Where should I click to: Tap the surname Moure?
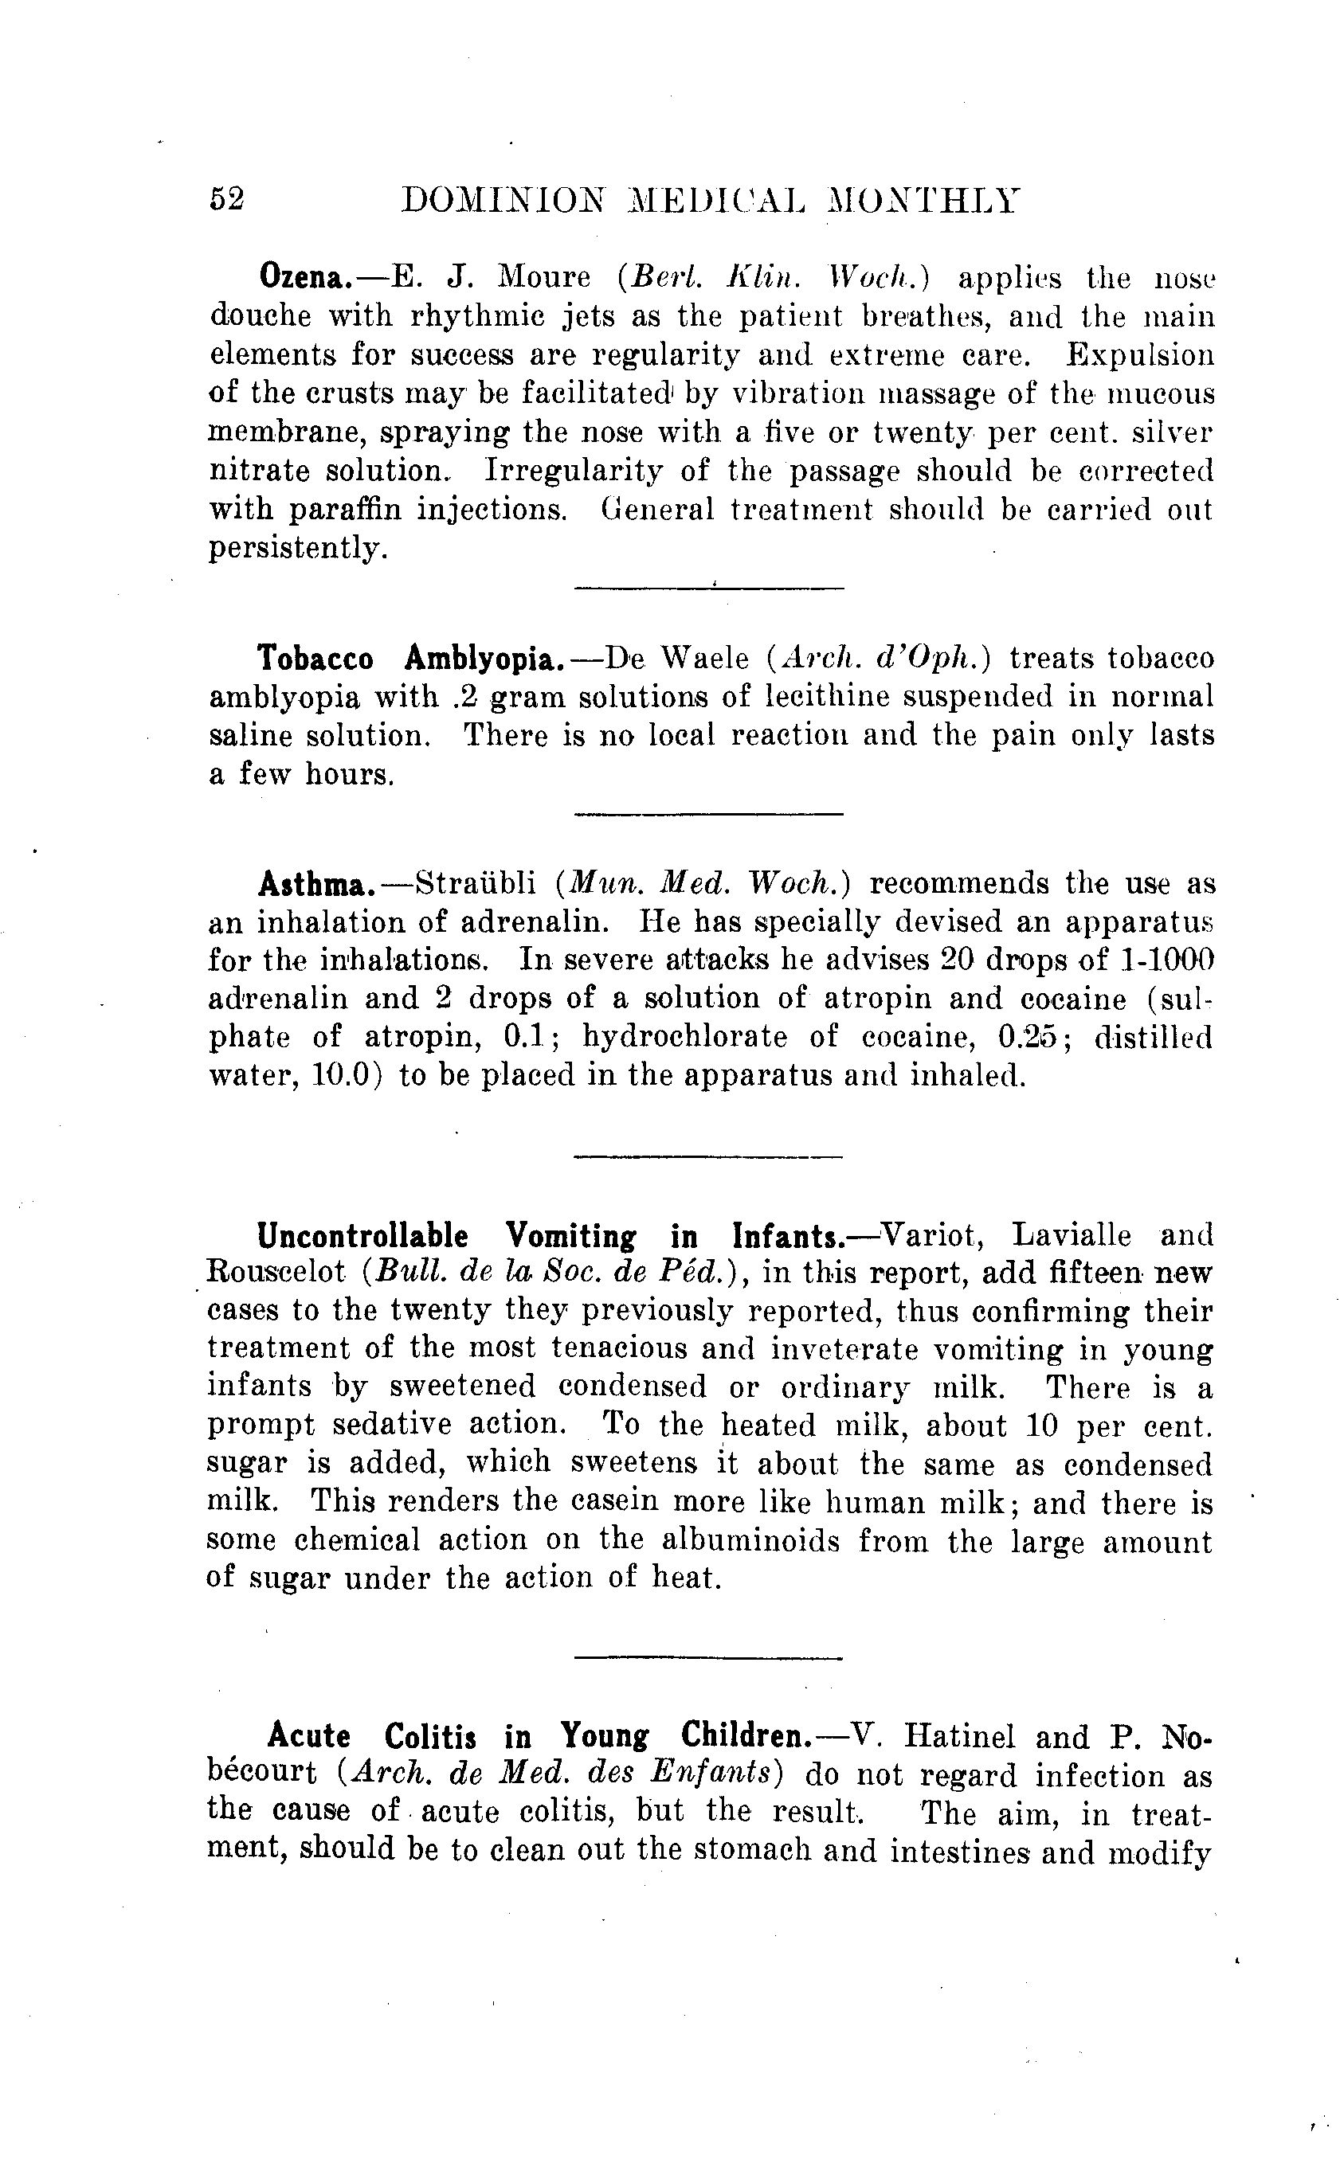544,277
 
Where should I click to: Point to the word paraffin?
342,510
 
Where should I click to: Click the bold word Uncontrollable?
362,1235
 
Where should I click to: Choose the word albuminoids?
750,1543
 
